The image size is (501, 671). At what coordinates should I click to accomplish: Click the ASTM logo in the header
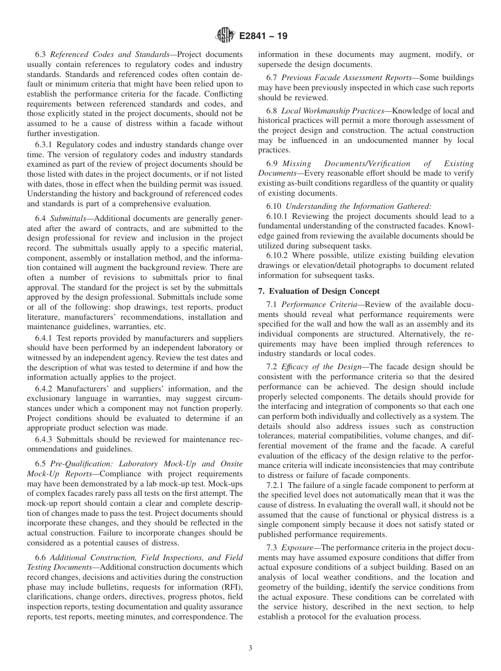point(225,36)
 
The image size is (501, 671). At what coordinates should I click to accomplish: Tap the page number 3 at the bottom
point(250,648)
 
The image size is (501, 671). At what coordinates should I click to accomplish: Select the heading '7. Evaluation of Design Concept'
point(319,291)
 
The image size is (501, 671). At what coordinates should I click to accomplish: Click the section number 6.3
point(41,54)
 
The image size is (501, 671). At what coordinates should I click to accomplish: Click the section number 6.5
point(41,464)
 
